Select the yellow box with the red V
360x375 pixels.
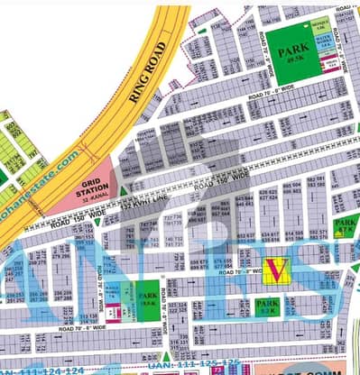pos(277,269)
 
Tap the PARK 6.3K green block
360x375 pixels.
pos(267,307)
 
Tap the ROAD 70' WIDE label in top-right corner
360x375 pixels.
pos(346,9)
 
